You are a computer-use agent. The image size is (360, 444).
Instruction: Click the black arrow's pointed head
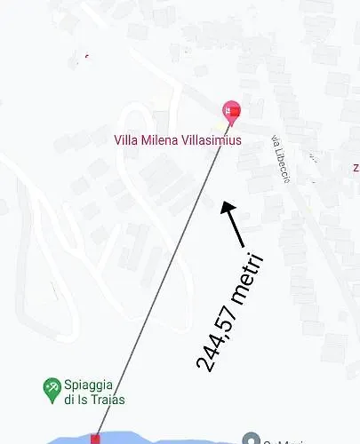point(226,207)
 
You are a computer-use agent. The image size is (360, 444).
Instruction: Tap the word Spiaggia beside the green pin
point(88,385)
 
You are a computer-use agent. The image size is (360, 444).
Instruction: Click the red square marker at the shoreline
point(95,439)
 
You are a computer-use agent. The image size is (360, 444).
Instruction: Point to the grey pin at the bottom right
point(252,440)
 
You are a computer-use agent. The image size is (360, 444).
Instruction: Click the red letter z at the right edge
point(356,167)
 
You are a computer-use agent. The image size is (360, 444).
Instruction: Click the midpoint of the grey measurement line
point(164,274)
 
